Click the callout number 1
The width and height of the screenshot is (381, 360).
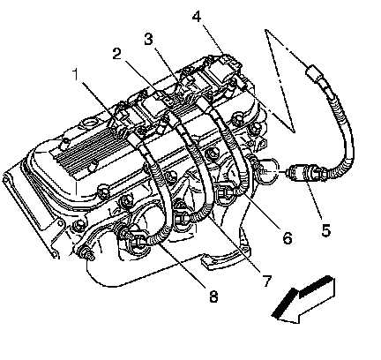click(x=76, y=74)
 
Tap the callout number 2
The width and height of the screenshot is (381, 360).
click(x=117, y=54)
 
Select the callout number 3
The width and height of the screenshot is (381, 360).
click(x=149, y=39)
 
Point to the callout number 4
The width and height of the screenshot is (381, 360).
click(x=197, y=17)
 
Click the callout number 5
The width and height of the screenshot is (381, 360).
click(x=325, y=230)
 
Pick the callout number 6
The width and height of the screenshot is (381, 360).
click(x=288, y=237)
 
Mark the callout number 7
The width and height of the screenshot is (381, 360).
click(x=267, y=281)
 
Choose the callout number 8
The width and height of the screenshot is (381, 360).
click(x=213, y=296)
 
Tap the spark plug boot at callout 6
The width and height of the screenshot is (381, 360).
click(x=227, y=193)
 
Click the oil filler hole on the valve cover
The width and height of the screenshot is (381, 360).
click(x=88, y=124)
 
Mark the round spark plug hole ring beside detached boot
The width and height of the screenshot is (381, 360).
click(x=268, y=172)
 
